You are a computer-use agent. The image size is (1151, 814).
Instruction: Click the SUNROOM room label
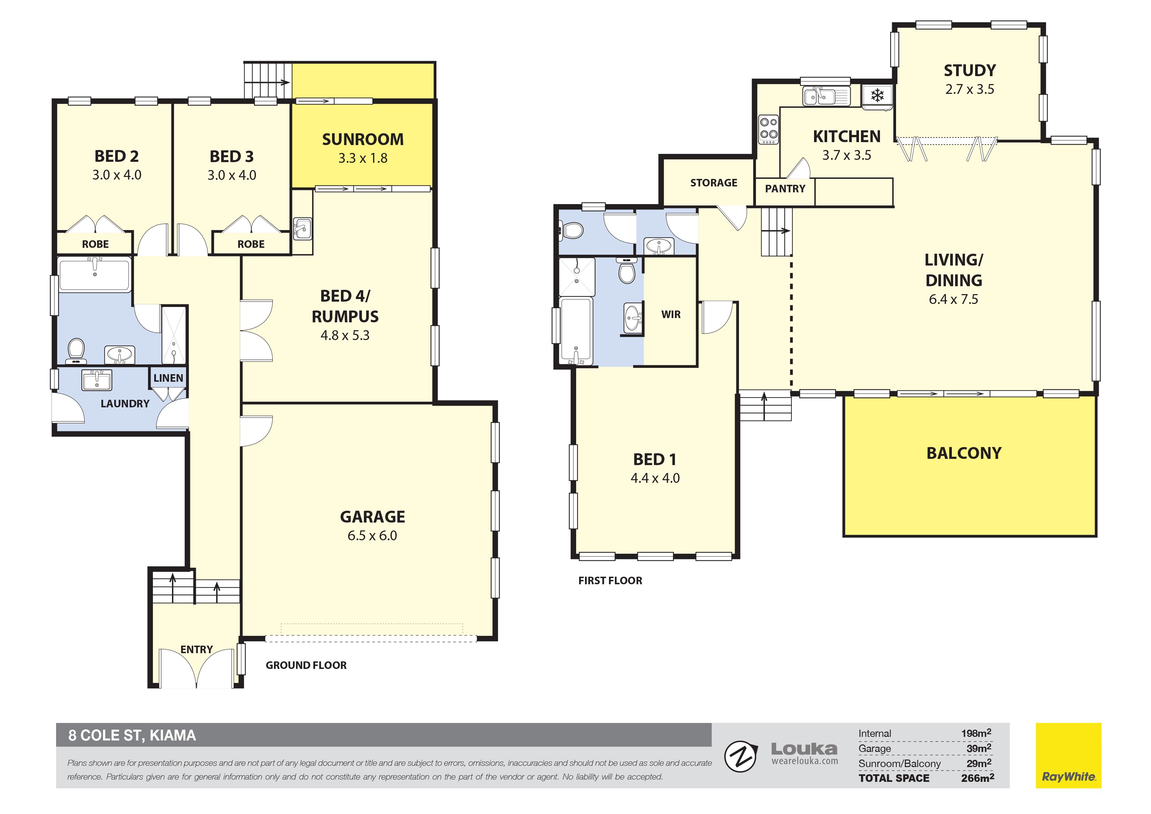[363, 139]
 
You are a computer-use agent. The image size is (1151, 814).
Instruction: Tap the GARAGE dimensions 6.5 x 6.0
[372, 536]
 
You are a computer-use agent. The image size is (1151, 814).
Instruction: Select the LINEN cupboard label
[168, 378]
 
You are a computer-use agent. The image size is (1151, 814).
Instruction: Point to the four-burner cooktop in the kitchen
[768, 129]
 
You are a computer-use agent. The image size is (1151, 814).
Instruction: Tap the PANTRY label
[785, 189]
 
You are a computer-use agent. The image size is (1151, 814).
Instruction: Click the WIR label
[671, 314]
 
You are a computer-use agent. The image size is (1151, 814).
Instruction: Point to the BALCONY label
[964, 453]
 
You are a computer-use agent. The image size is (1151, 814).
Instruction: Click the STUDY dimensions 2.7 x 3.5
[970, 89]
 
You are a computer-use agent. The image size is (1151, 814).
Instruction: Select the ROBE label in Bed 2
[95, 244]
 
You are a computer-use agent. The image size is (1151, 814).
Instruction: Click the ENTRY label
[197, 650]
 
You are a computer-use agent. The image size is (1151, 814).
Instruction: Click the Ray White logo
[1068, 755]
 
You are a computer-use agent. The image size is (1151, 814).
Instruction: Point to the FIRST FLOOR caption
[610, 580]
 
